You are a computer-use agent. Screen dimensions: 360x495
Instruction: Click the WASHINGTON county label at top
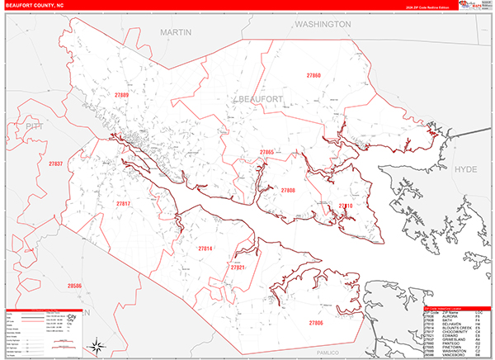point(323,25)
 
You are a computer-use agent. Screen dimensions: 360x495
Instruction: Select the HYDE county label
point(466,168)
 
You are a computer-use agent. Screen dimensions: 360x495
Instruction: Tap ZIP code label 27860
point(313,75)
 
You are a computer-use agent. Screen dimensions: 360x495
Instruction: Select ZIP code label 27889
point(121,96)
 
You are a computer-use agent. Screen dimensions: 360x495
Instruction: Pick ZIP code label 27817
point(123,203)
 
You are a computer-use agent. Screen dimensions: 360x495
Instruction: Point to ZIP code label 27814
point(205,249)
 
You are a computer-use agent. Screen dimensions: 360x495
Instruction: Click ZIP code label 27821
point(238,268)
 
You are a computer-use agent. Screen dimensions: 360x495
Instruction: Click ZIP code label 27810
point(346,206)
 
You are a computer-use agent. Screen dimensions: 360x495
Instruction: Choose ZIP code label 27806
point(316,322)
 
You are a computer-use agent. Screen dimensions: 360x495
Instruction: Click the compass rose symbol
point(97,345)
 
